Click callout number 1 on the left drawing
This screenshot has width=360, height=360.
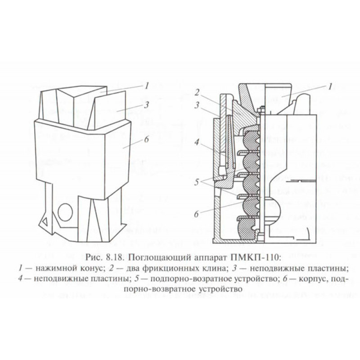click(x=147, y=86)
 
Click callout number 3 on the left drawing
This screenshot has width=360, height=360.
click(x=146, y=105)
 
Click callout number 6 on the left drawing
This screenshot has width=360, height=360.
click(x=147, y=139)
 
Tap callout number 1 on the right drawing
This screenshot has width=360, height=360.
click(x=330, y=87)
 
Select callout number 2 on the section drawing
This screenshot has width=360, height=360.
click(x=197, y=93)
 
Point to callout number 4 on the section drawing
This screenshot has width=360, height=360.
click(x=197, y=142)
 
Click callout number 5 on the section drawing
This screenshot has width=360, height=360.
click(x=197, y=182)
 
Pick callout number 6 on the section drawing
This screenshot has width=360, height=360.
click(x=196, y=214)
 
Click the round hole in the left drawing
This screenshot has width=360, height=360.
click(x=65, y=211)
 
